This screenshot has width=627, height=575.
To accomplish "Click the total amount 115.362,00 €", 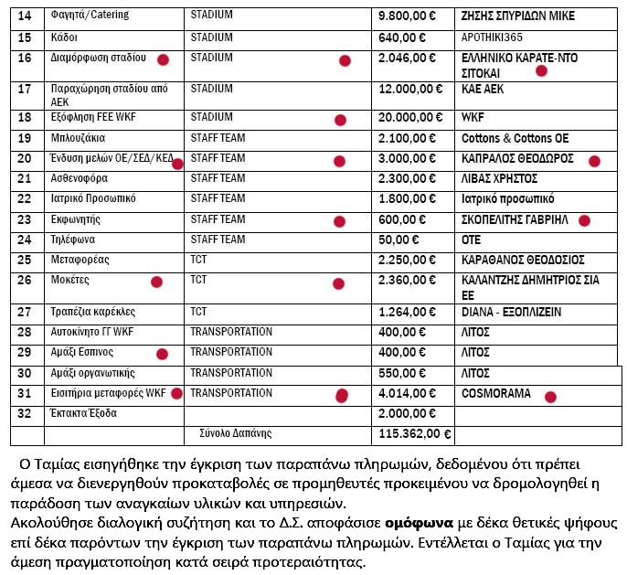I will (415, 434).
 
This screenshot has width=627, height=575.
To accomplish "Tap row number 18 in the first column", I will (25, 118).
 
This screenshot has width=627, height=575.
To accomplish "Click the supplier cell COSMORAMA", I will (494, 394).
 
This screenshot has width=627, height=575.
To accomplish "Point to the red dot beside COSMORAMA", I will (550, 397).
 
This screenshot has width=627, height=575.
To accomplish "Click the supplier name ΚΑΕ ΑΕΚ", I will (483, 90).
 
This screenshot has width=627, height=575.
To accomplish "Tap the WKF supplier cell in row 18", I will (473, 118).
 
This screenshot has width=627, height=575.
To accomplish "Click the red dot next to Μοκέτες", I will (156, 282).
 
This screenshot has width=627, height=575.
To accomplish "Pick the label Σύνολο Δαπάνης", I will (235, 433).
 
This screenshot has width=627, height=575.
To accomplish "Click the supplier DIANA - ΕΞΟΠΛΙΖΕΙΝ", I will (512, 312).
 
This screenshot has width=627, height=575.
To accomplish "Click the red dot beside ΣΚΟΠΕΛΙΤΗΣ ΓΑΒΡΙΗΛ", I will (585, 220).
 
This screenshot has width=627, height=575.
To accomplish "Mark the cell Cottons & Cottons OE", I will (515, 138).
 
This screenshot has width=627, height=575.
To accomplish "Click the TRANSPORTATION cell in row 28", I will (231, 332).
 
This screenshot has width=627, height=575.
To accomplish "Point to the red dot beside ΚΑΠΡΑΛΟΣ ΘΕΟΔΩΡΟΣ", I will (593, 161).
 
